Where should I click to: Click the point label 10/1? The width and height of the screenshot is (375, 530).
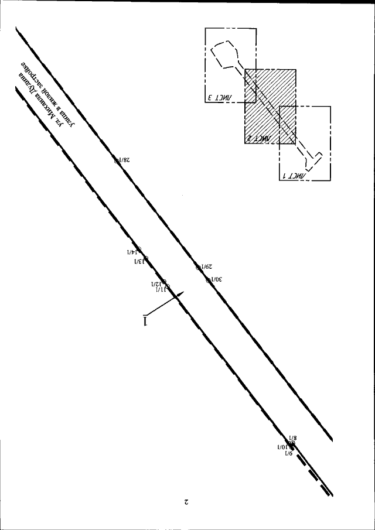click(x=283, y=446)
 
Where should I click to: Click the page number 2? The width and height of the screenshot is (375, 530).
click(x=186, y=502)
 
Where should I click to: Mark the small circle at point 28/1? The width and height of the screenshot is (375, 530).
click(x=117, y=159)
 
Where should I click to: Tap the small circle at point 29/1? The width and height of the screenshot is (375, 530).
click(x=198, y=268)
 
